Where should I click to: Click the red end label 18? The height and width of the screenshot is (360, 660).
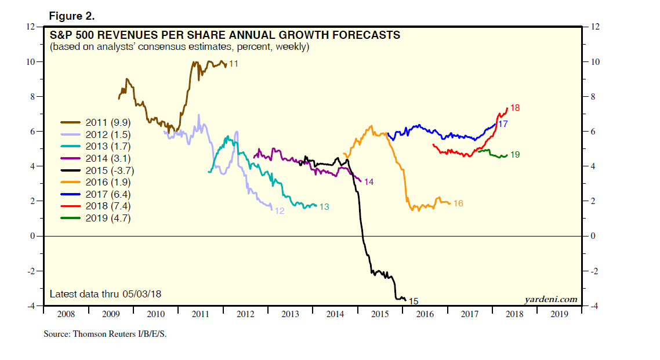pyautogui.click(x=514, y=108)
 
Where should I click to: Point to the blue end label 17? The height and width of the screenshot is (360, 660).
pyautogui.click(x=503, y=124)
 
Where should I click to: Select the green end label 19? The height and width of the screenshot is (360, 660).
pyautogui.click(x=514, y=155)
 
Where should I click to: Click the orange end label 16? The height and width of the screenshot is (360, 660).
pyautogui.click(x=458, y=203)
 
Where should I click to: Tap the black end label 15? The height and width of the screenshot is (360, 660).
pyautogui.click(x=414, y=301)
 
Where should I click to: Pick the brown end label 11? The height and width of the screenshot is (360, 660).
pyautogui.click(x=234, y=64)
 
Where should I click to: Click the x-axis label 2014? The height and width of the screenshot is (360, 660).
pyautogui.click(x=335, y=314)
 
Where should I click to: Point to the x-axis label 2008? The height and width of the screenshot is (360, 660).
pyautogui.click(x=66, y=314)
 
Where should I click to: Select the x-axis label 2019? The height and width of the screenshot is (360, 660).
pyautogui.click(x=559, y=314)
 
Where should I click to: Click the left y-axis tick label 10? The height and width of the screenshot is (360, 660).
pyautogui.click(x=30, y=61)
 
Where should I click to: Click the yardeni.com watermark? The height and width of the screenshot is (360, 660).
pyautogui.click(x=550, y=299)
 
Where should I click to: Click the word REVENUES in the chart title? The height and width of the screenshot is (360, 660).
pyautogui.click(x=129, y=35)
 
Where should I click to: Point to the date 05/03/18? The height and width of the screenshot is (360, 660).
pyautogui.click(x=143, y=294)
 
